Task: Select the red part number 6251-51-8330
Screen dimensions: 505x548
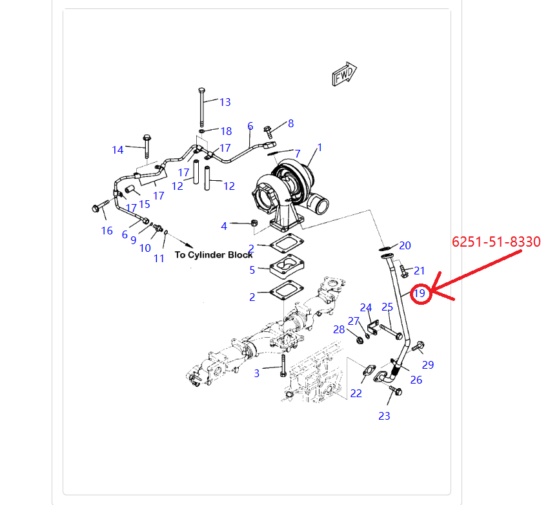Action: [496, 242]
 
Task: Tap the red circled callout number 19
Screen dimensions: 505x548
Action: [420, 293]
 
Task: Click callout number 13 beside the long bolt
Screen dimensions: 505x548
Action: [225, 102]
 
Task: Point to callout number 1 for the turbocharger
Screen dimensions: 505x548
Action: [319, 148]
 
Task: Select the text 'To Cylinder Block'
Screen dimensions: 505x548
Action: [214, 254]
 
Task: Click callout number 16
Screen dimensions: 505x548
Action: [107, 231]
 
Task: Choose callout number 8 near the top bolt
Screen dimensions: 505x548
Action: [290, 123]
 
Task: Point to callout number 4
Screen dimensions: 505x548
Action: [224, 226]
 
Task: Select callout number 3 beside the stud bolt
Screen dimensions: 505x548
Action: [256, 373]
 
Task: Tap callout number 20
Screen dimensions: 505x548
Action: [405, 245]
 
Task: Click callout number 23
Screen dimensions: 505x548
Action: [384, 416]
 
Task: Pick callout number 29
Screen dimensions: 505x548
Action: [428, 365]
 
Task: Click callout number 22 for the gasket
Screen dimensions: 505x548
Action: [356, 393]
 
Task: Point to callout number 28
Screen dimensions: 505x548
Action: [340, 330]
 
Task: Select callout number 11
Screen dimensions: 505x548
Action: [159, 258]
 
